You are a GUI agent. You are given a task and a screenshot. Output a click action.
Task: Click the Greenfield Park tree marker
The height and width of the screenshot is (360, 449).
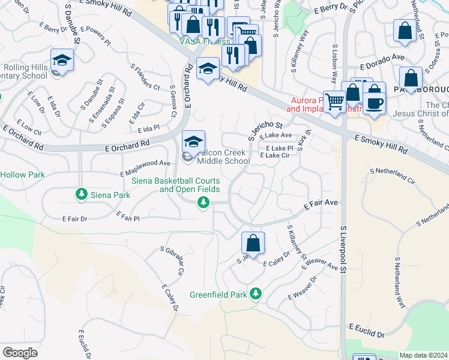[x=256, y=293]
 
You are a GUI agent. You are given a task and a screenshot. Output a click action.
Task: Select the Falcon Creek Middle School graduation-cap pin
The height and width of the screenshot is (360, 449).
[x=193, y=142]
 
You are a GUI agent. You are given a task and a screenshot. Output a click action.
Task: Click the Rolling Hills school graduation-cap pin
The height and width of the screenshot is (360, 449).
[x=62, y=61]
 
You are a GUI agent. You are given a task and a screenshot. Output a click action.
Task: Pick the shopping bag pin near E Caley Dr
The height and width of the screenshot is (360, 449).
[x=253, y=244]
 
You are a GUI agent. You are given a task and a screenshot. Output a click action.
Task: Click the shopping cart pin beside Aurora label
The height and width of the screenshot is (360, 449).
[x=334, y=102]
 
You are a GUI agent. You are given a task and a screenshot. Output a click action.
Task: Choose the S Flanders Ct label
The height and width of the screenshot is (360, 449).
[x=144, y=77]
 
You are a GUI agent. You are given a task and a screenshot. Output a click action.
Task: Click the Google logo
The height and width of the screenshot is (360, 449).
[x=20, y=353]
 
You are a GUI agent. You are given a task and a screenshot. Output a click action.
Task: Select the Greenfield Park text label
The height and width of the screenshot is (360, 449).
[x=218, y=295]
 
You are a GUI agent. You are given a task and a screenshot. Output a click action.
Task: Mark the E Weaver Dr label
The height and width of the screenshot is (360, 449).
[x=302, y=289]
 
